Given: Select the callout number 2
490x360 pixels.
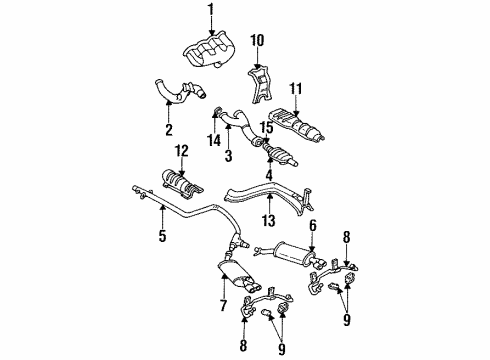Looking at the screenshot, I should click(x=167, y=130).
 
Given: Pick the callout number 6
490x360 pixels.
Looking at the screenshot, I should click(x=312, y=226).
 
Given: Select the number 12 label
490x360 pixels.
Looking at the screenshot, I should click(x=181, y=151).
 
